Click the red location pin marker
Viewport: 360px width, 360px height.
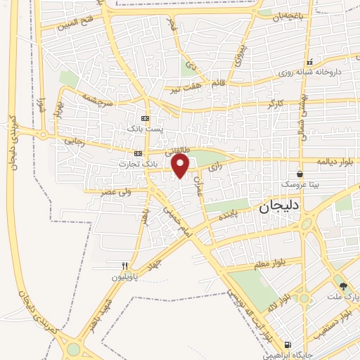pos(181,167)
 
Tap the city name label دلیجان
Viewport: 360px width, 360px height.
pos(274,207)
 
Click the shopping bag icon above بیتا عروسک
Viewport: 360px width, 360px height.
pos(300,173)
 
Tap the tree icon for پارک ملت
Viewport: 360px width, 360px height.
pos(343,286)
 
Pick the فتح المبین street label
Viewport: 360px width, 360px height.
pos(68,27)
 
